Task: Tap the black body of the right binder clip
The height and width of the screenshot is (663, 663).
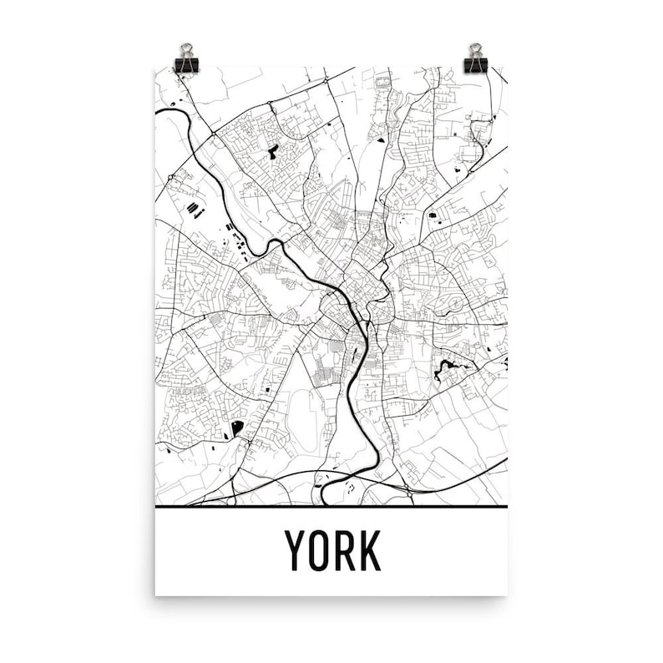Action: tap(476, 64)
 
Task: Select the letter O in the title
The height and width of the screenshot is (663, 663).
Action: tap(321, 550)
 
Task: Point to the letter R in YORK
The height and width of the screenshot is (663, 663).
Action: tap(345, 550)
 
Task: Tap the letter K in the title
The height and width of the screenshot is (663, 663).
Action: tap(369, 550)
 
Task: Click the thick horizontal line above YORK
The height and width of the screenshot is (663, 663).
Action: tap(331, 507)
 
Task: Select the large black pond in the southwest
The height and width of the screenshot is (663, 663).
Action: tap(237, 428)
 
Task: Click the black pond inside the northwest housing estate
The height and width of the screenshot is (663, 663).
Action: tap(273, 152)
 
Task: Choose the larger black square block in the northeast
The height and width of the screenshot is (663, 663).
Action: tap(433, 215)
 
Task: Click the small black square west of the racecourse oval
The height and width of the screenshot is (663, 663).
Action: tap(266, 389)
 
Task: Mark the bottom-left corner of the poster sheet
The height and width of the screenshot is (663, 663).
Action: tap(157, 594)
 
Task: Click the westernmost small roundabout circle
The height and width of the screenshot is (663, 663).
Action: tap(170, 177)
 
